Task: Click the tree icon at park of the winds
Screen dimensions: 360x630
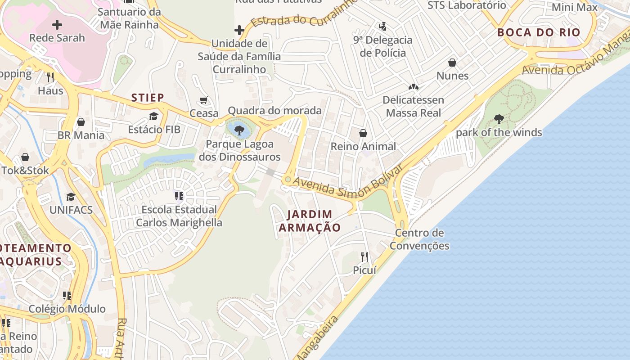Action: pyautogui.click(x=499, y=119)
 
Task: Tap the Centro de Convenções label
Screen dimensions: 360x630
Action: pyautogui.click(x=419, y=239)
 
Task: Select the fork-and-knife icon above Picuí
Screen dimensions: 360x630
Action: pyautogui.click(x=364, y=257)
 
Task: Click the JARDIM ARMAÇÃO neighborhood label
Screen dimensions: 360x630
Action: pyautogui.click(x=310, y=221)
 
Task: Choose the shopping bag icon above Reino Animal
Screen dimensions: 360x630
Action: pyautogui.click(x=363, y=133)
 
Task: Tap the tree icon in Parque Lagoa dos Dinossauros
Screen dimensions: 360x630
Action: pyautogui.click(x=239, y=130)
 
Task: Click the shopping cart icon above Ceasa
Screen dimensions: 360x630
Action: pyautogui.click(x=204, y=100)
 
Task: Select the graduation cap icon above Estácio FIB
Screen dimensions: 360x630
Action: pyautogui.click(x=154, y=116)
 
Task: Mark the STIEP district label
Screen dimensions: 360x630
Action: pyautogui.click(x=148, y=97)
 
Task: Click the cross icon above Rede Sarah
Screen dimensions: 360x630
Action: pyautogui.click(x=57, y=25)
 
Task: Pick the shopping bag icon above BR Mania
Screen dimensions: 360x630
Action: pyautogui.click(x=81, y=122)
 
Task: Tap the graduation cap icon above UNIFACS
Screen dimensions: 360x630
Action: pyautogui.click(x=71, y=197)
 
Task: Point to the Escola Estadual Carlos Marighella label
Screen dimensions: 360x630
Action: pyautogui.click(x=179, y=216)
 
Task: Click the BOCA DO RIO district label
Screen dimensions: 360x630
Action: pyautogui.click(x=539, y=32)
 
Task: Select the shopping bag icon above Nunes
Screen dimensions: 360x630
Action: pyautogui.click(x=452, y=63)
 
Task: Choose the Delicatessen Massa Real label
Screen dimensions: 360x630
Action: pyautogui.click(x=413, y=106)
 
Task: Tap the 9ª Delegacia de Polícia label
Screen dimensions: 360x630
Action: pyautogui.click(x=382, y=46)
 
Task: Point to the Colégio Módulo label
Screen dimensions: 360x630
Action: pyautogui.click(x=67, y=309)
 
